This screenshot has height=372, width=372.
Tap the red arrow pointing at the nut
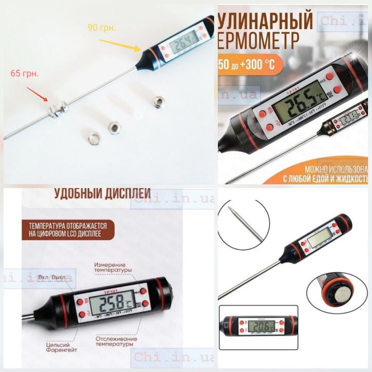(36, 91)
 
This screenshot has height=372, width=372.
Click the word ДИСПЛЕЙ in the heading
(124, 193)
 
